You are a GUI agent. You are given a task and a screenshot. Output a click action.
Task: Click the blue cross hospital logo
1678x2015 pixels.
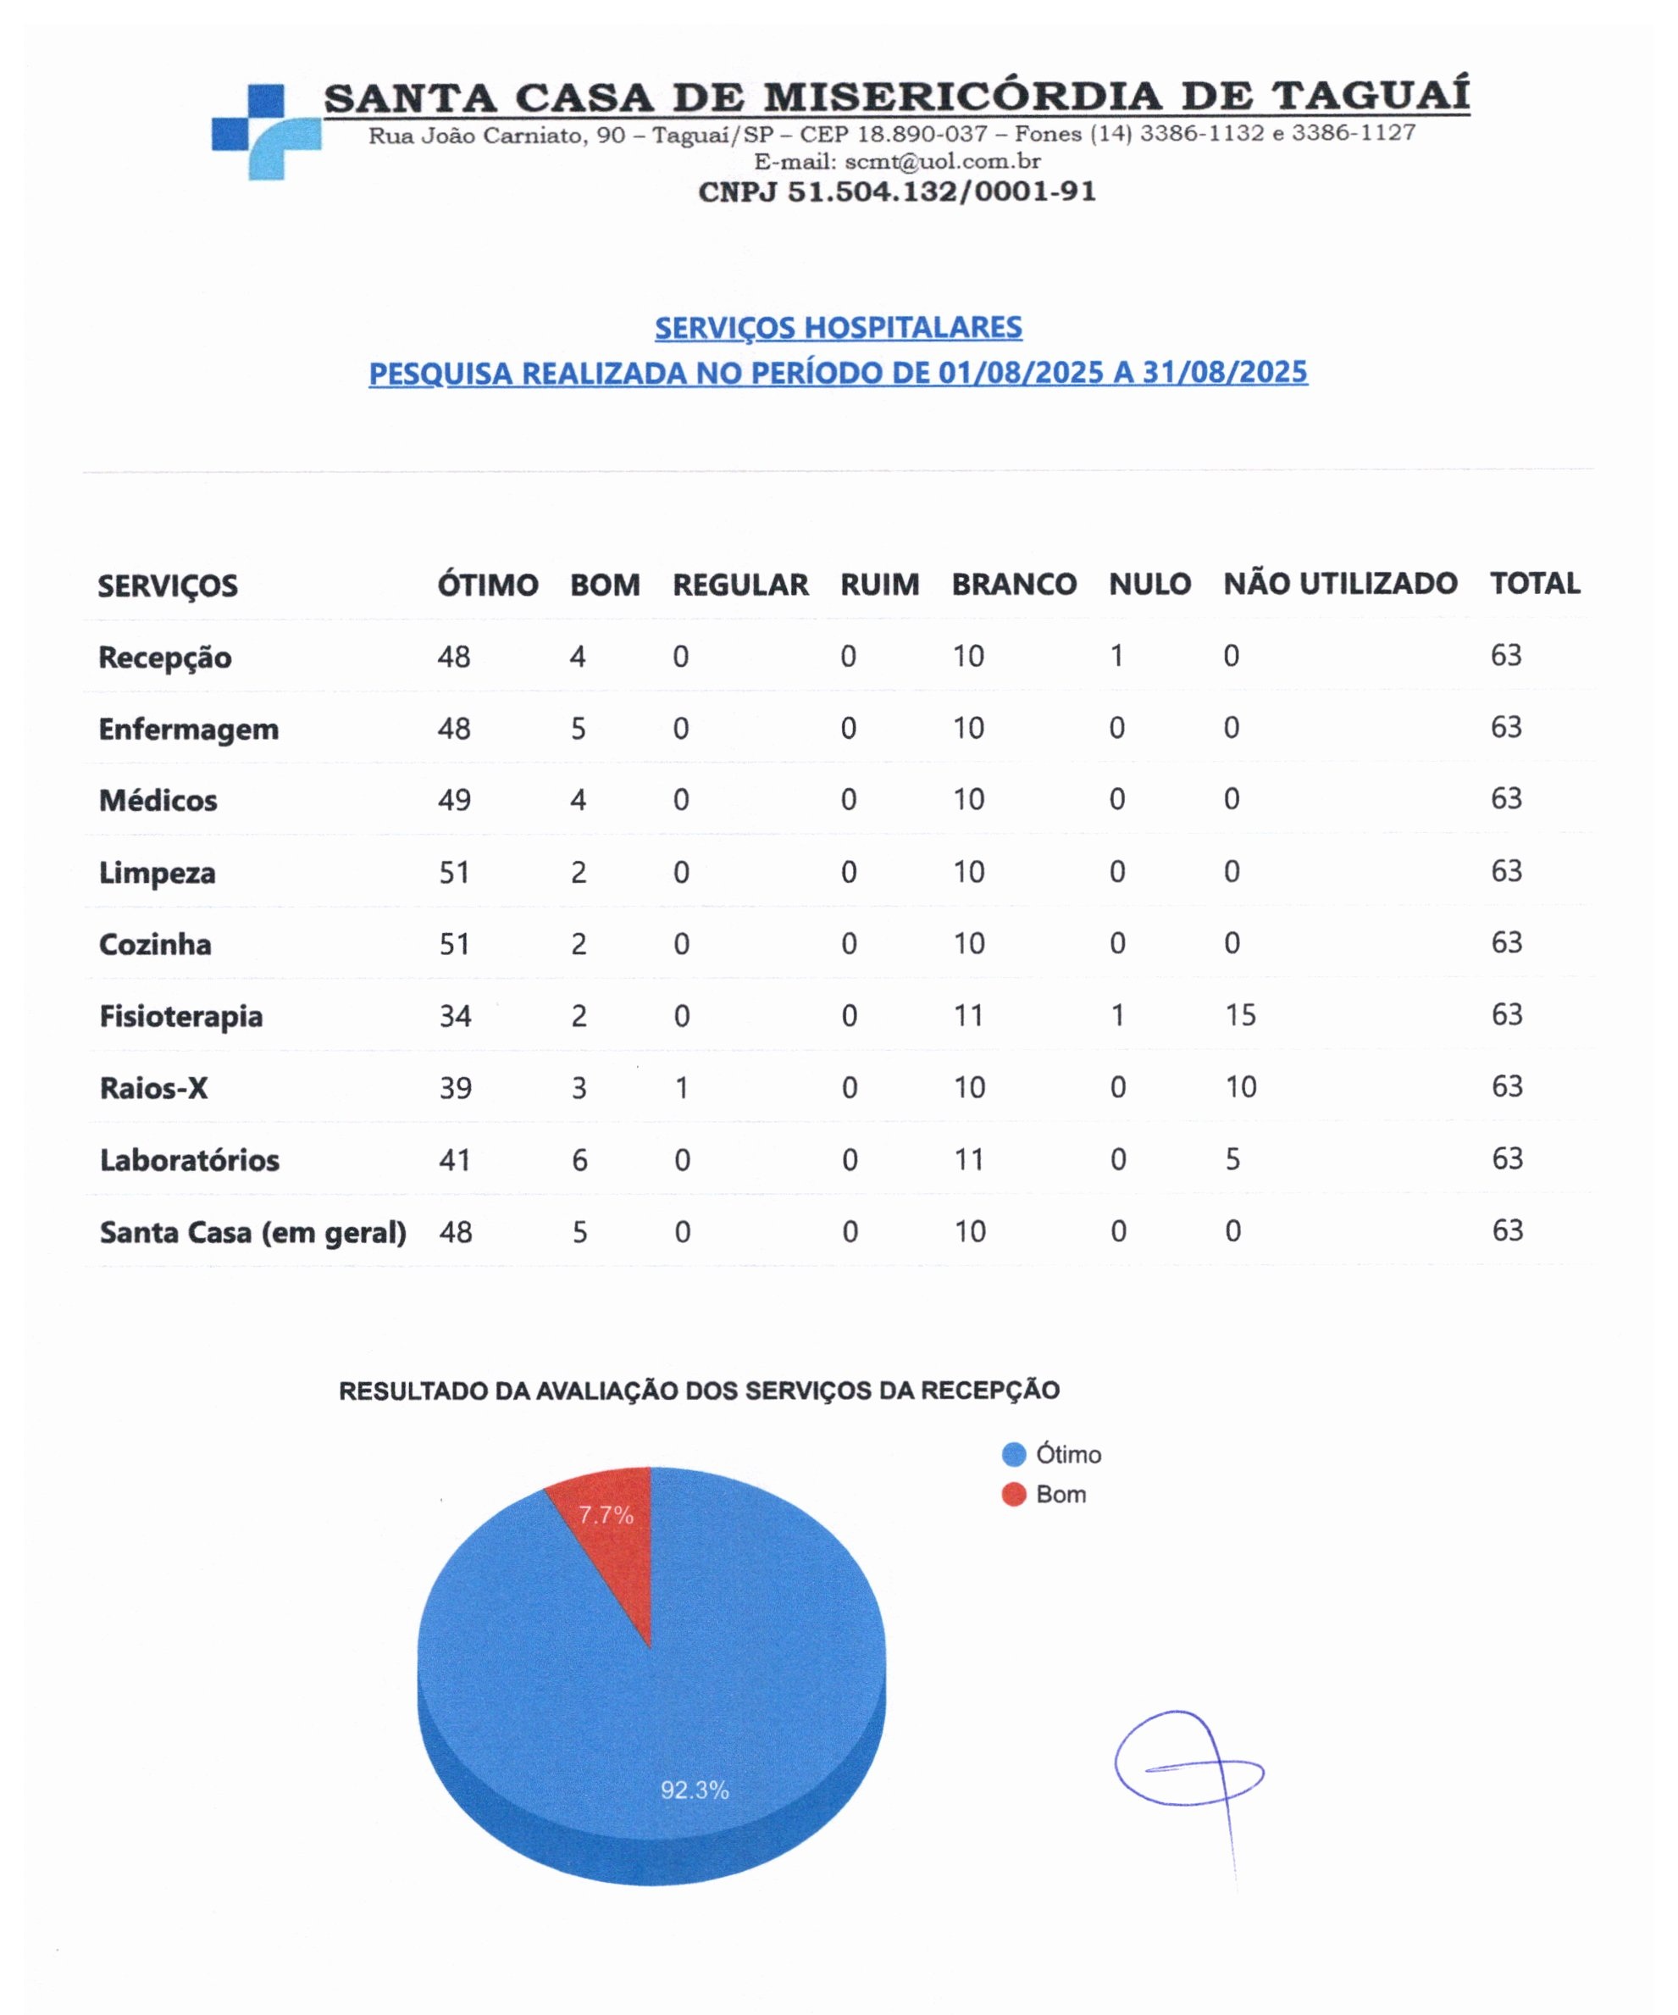click(x=266, y=131)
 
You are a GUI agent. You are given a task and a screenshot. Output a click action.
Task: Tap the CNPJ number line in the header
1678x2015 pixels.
click(x=896, y=192)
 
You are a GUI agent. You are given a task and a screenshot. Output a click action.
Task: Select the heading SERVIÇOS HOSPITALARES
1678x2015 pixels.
click(x=838, y=327)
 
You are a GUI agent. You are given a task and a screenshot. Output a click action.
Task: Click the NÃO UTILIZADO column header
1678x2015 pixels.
click(x=1339, y=583)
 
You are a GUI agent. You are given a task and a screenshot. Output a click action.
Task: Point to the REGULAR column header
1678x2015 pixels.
click(x=739, y=585)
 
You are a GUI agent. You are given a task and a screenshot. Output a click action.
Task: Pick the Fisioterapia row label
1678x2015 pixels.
click(x=180, y=1016)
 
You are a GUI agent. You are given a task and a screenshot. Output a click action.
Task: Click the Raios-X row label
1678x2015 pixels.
click(x=153, y=1088)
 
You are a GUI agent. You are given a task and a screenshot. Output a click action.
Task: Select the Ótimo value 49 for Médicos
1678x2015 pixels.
click(x=454, y=800)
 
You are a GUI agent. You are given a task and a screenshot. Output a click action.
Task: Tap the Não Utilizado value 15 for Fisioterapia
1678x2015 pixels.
click(x=1239, y=1015)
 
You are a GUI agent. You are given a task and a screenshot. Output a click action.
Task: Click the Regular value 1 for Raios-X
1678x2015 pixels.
click(x=680, y=1088)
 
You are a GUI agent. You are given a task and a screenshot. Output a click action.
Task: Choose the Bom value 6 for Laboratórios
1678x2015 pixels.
click(x=579, y=1160)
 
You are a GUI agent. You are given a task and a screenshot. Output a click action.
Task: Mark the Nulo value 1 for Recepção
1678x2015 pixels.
click(x=1116, y=657)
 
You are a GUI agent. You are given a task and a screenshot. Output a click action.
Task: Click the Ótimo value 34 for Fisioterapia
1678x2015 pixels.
click(x=455, y=1016)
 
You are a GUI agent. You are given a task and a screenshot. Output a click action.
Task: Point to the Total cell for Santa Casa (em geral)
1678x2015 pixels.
click(x=1506, y=1231)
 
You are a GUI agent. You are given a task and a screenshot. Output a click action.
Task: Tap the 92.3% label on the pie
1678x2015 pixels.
click(x=695, y=1790)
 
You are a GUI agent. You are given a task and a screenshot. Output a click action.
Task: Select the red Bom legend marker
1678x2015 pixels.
click(x=1013, y=1495)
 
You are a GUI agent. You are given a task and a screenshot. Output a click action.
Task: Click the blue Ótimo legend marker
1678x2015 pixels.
click(x=1013, y=1455)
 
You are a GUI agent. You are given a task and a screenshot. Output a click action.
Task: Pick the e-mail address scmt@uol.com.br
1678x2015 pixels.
click(x=942, y=161)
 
